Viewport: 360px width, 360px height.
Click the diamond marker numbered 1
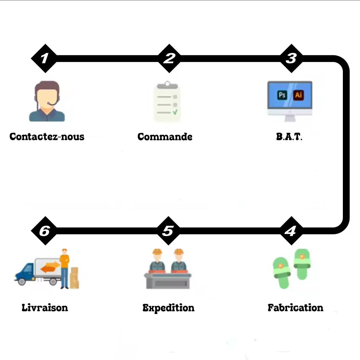(x=44, y=58)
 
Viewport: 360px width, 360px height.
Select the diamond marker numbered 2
(x=169, y=58)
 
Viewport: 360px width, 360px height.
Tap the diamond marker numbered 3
(x=291, y=58)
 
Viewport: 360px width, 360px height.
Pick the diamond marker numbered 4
(x=291, y=231)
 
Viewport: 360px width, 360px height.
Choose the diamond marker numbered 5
(x=168, y=231)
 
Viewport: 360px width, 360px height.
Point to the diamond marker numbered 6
(x=44, y=231)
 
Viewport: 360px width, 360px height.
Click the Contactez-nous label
(x=47, y=137)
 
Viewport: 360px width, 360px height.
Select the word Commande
(x=165, y=137)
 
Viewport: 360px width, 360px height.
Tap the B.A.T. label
(x=289, y=137)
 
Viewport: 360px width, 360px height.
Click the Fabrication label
(x=295, y=308)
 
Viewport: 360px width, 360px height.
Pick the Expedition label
(x=168, y=308)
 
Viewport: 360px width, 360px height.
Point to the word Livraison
(x=45, y=308)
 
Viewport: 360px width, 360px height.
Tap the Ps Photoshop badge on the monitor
(x=282, y=95)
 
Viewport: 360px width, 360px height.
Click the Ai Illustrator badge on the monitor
(x=298, y=95)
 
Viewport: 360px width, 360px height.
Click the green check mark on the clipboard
(x=175, y=112)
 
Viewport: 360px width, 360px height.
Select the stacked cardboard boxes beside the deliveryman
(x=74, y=278)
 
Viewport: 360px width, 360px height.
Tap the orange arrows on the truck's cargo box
(x=50, y=267)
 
